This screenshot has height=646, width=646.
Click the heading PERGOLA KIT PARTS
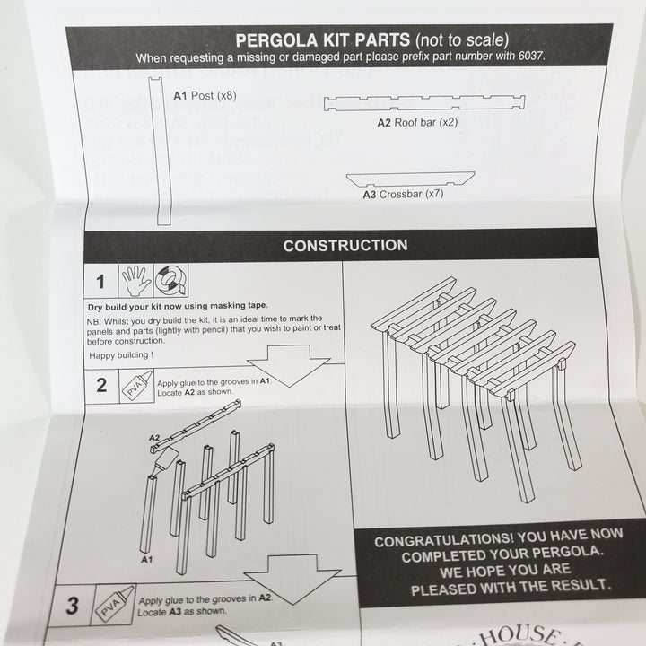(x=321, y=40)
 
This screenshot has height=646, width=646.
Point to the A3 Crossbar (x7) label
(x=403, y=193)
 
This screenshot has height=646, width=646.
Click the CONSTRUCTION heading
(x=345, y=245)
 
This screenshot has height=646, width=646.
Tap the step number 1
(x=100, y=282)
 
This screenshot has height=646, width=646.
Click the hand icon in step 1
(x=136, y=281)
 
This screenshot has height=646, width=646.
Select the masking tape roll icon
(x=173, y=281)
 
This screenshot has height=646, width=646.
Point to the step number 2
(x=101, y=385)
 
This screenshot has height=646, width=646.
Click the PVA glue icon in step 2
(x=135, y=387)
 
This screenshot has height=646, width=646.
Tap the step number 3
(x=74, y=606)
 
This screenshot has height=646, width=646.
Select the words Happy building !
(x=121, y=355)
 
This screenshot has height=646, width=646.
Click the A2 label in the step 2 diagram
(x=153, y=439)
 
